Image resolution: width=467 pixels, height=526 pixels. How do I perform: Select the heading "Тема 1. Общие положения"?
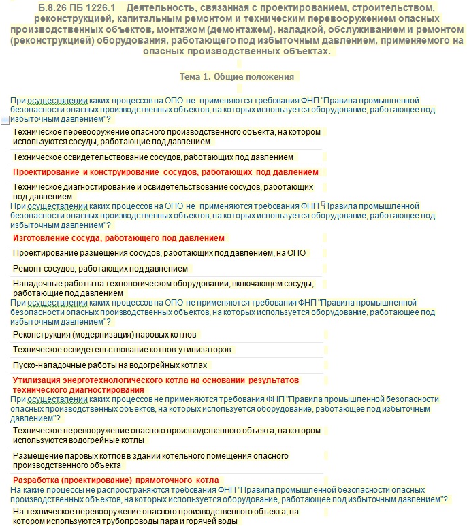click(x=236, y=76)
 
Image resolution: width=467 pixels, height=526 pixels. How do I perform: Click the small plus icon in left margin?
click(x=5, y=120)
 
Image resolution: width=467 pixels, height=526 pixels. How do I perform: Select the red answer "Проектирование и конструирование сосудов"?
click(x=165, y=172)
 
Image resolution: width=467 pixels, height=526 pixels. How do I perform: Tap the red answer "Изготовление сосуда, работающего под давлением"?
click(x=118, y=238)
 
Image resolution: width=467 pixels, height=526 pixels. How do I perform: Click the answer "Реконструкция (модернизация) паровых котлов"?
click(x=104, y=335)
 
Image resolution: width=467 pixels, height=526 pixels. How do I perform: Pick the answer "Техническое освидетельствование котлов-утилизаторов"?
click(x=122, y=350)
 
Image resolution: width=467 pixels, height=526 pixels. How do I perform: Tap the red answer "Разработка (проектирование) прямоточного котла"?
click(x=115, y=479)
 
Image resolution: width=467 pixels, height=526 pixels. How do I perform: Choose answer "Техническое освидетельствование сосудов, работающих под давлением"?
click(x=153, y=157)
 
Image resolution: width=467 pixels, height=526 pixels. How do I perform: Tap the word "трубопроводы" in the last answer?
click(x=135, y=521)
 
